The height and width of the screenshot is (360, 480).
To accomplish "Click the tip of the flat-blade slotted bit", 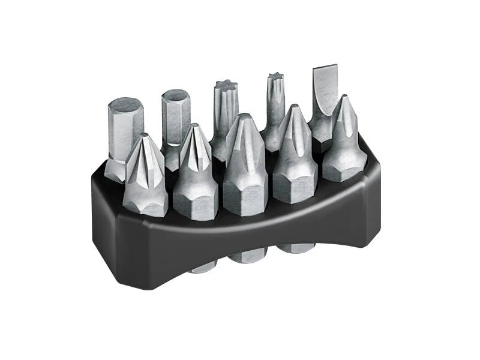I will coord(325,71).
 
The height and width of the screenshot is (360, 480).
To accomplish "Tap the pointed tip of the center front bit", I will coord(242,120).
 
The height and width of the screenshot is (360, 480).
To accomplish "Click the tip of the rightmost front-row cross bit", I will coord(343,102).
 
